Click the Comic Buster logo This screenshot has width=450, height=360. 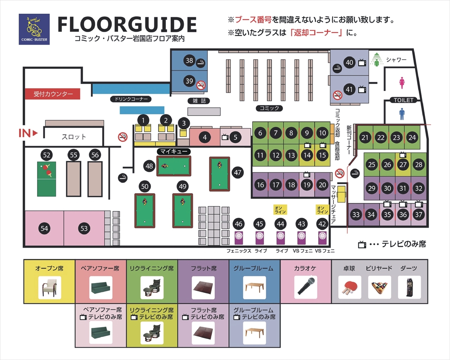pos(34,29)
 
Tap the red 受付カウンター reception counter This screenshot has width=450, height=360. pos(52,94)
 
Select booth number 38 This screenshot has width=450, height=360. pos(189,60)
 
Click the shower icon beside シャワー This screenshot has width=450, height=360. pos(377,60)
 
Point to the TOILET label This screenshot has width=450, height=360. pos(403,100)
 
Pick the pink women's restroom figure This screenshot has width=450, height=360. pos(402,83)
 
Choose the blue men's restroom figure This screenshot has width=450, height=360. pos(402,114)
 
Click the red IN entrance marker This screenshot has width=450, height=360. pos(28,133)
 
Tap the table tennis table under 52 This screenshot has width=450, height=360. pos(46,179)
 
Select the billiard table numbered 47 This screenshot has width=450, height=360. pos(220,174)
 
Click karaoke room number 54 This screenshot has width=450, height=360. pos(44,228)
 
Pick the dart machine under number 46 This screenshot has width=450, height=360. pos(239,238)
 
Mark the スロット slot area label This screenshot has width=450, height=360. pos(73,137)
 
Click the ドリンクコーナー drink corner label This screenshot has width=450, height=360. pos(131,99)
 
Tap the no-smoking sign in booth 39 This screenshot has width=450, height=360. pos(201,85)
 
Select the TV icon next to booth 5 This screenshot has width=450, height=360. pos(225,137)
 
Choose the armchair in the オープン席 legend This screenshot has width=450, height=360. pos(50,288)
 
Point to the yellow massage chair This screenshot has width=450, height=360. pos(341,194)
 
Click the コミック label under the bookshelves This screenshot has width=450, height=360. pos(269,108)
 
